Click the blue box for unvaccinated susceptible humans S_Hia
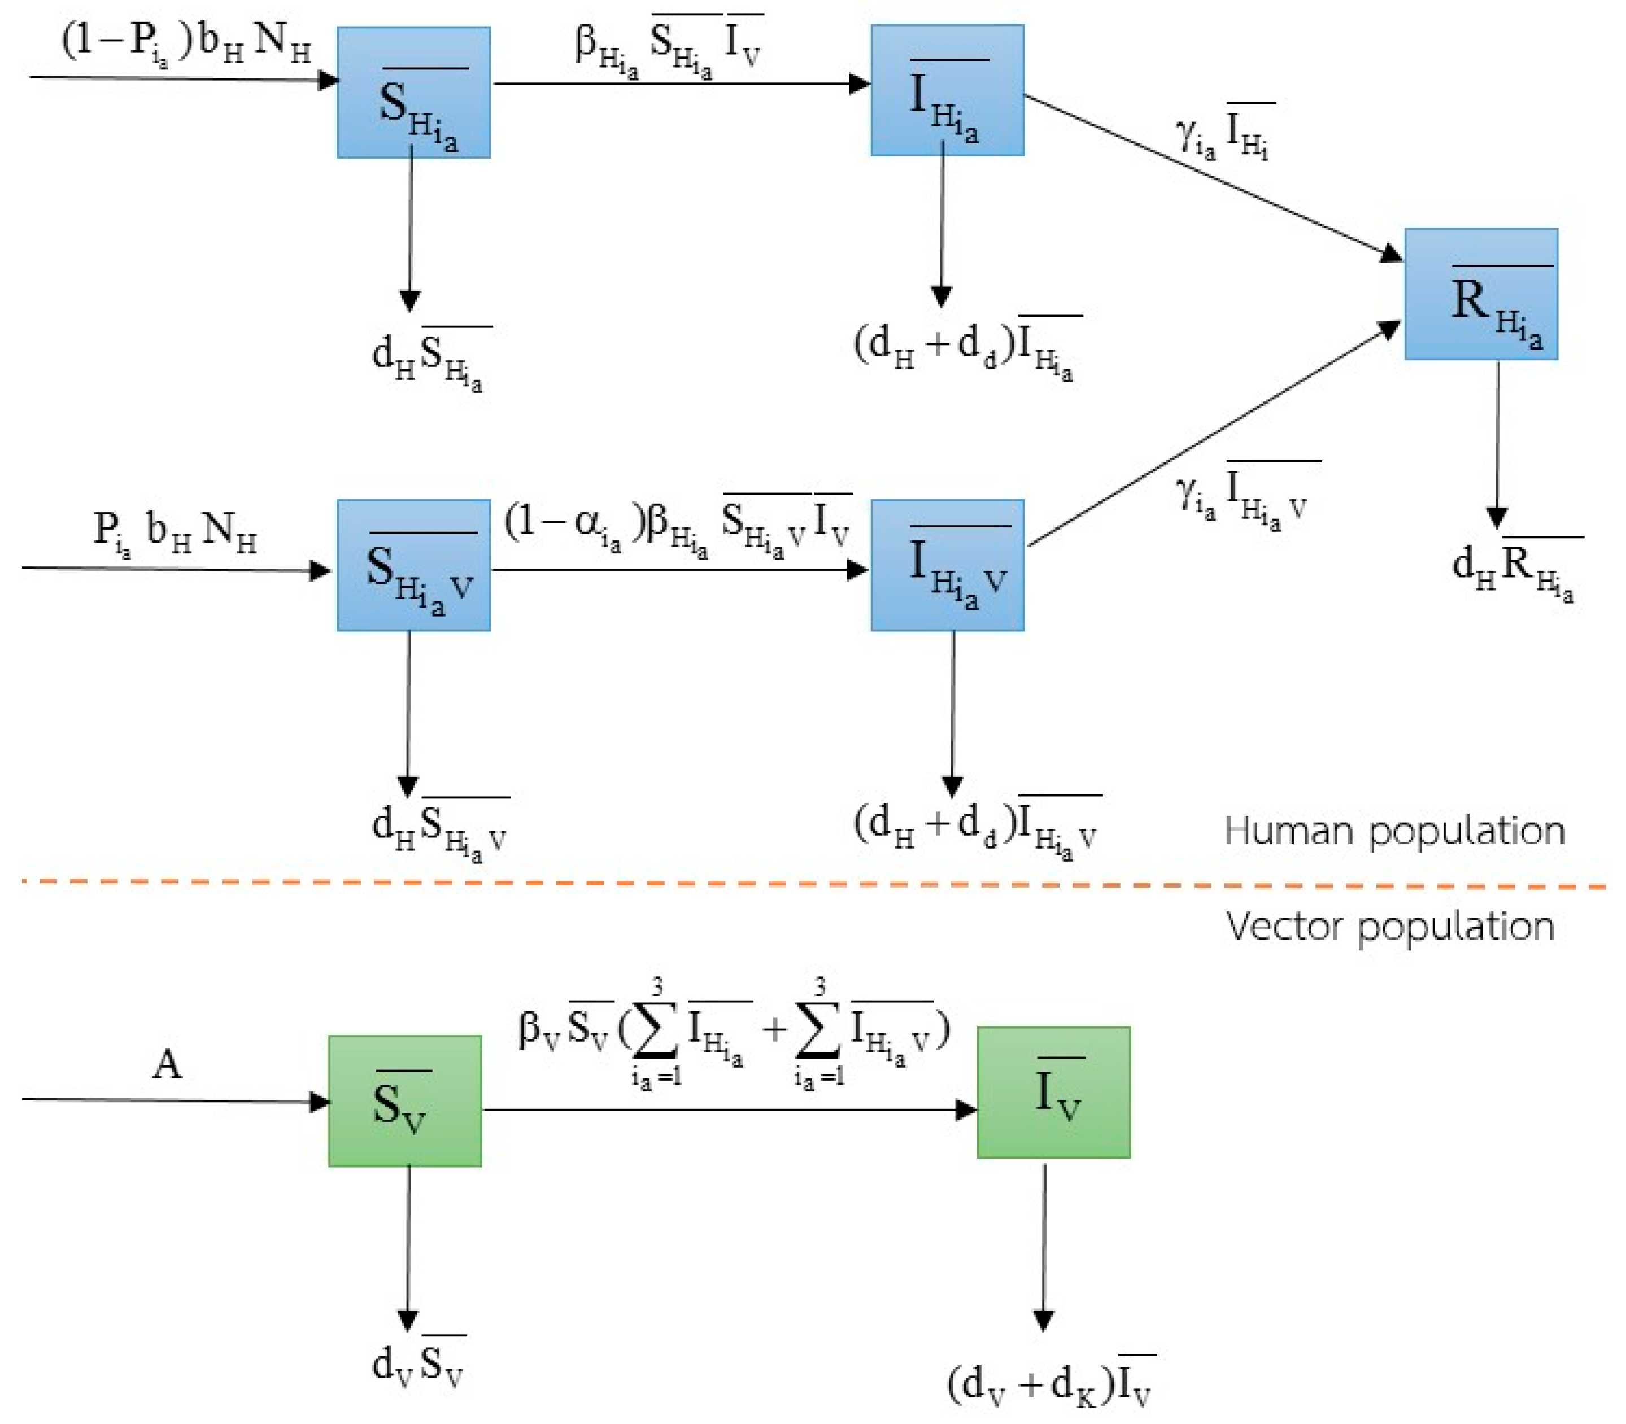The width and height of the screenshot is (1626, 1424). point(413,92)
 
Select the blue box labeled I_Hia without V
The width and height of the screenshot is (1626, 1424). point(947,90)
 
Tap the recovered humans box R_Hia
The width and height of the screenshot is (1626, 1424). point(1480,294)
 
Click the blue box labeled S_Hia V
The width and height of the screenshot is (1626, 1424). point(413,565)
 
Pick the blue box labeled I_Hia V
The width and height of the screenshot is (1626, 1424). point(947,565)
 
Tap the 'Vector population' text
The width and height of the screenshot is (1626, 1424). point(1389,927)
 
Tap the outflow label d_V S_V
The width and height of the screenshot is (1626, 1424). point(418,1364)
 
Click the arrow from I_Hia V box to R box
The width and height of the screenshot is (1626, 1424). point(1212,435)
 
